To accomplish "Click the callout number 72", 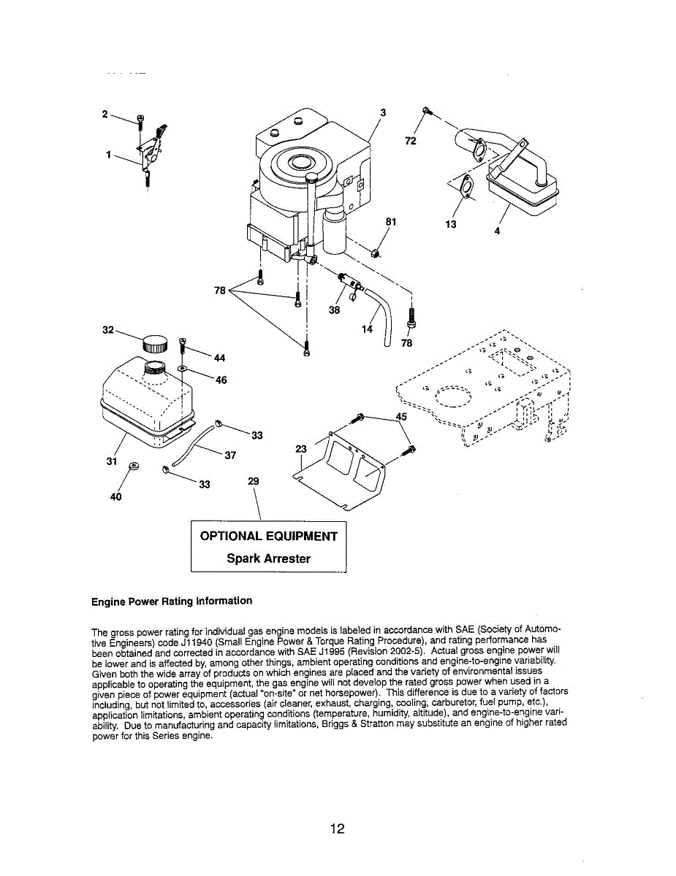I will tap(411, 141).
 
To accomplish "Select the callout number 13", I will tap(450, 224).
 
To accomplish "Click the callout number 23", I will tap(301, 450).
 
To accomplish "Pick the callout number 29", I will tap(254, 482).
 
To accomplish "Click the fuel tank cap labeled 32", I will tap(155, 343).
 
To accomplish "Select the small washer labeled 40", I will tap(133, 466).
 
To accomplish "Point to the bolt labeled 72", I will tap(426, 111).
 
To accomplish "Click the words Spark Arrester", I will tap(268, 558).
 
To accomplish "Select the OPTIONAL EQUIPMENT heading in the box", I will tap(269, 537).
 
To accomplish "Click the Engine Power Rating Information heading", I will tap(172, 601).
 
